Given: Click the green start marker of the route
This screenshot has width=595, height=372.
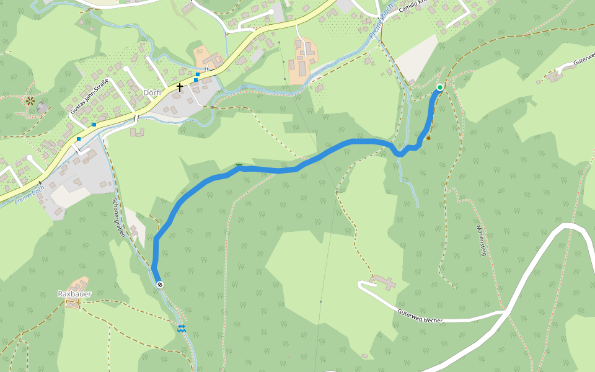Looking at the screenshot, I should [440, 87].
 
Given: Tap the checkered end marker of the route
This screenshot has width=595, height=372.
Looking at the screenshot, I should [161, 284].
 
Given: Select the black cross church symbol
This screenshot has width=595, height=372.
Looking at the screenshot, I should [180, 87].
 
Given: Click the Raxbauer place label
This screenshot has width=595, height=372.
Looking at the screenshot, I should [75, 293].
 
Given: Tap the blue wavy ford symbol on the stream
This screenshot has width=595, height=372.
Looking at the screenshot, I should [182, 328].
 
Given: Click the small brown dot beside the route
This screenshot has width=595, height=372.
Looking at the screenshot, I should [428, 138].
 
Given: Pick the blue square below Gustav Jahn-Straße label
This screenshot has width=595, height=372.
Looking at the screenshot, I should [94, 125].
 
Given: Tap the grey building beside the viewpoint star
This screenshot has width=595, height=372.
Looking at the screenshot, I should [42, 107].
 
